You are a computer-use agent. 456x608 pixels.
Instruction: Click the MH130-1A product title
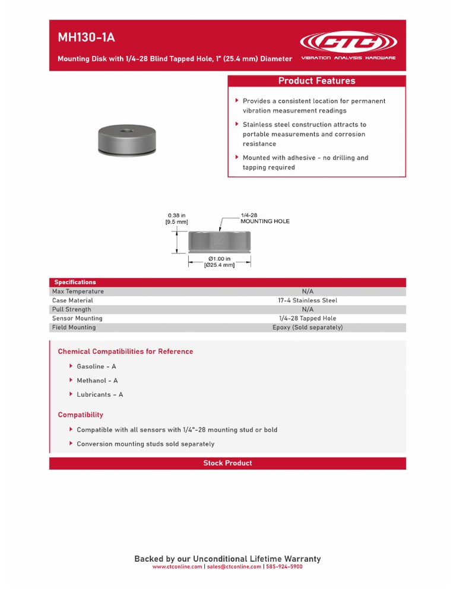[x=86, y=38]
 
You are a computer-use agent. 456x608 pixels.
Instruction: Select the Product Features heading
[x=316, y=81]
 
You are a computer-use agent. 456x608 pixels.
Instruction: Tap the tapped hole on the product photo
[x=126, y=128]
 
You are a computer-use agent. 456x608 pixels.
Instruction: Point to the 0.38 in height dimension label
[x=177, y=218]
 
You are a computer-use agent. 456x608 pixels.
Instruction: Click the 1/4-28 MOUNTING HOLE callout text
[x=265, y=218]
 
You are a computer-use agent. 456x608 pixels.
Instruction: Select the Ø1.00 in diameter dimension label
[x=219, y=262]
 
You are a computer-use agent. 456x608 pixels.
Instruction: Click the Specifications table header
[x=75, y=282]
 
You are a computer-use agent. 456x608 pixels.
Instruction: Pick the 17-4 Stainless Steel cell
[x=307, y=300]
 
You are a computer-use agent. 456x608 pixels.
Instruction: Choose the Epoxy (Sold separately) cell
[x=307, y=327]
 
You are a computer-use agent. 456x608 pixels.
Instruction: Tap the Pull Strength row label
[x=72, y=309]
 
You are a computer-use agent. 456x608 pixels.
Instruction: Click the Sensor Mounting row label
[x=77, y=318]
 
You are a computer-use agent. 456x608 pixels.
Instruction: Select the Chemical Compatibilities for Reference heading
[x=125, y=351]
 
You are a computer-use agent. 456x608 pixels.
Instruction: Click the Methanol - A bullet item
[x=97, y=381]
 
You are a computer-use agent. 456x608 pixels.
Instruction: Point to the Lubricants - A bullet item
[x=100, y=394]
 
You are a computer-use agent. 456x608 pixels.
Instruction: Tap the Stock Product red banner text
[x=227, y=463]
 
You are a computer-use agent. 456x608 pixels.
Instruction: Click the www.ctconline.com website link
[x=177, y=566]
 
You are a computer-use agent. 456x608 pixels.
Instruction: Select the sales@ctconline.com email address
[x=233, y=566]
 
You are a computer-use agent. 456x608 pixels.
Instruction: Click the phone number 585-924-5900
[x=284, y=566]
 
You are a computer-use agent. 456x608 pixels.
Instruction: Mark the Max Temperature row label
[x=78, y=292]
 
